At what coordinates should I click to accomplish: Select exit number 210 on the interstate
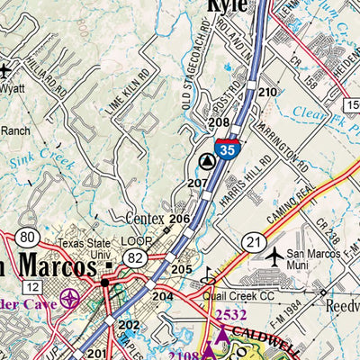[267, 93]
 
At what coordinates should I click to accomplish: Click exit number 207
[197, 184]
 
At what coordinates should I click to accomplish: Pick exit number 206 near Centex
[179, 220]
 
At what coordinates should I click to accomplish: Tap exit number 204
[162, 297]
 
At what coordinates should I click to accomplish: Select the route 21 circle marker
[253, 242]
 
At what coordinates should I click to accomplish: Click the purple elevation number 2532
[230, 314]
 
